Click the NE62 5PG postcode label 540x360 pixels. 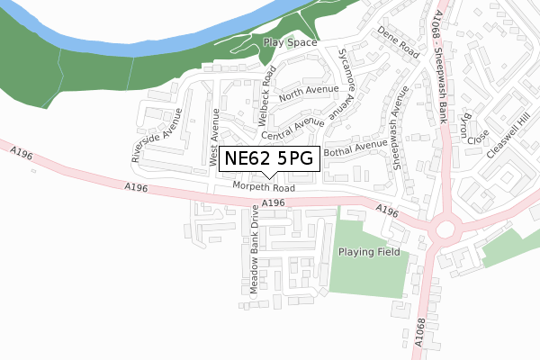[x=268, y=158]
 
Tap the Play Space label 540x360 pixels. [x=290, y=42]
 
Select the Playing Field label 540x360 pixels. [x=368, y=252]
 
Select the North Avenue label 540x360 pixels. [x=308, y=91]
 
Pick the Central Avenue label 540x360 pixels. [x=293, y=127]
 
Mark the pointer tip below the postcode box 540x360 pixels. [x=268, y=177]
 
